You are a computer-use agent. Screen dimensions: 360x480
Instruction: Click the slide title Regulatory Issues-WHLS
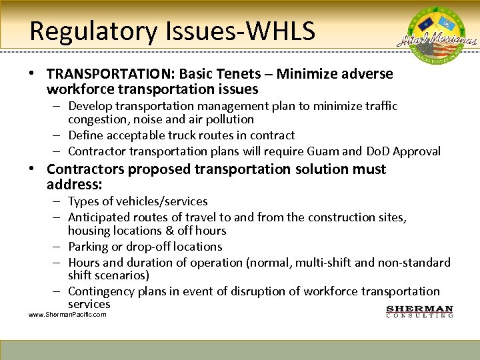[172, 31]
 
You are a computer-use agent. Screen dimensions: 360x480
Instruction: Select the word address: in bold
[73, 184]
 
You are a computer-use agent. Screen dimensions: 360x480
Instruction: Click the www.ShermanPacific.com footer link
[67, 315]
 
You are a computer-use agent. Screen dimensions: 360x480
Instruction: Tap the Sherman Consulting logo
[420, 311]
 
